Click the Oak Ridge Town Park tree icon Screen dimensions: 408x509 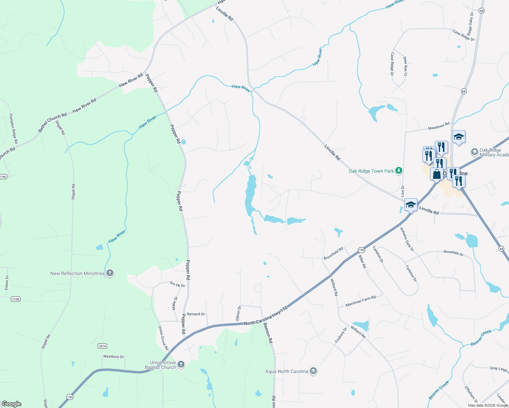tap(398, 171)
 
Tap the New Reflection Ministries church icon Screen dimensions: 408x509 tap(110, 273)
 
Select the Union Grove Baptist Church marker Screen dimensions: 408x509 tap(181, 364)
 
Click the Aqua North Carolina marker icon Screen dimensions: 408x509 tap(313, 371)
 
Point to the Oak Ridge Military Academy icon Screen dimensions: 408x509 tap(474, 152)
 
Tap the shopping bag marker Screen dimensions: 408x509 tap(437, 174)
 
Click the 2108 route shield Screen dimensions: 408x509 tap(16, 299)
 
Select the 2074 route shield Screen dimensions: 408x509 tap(102, 346)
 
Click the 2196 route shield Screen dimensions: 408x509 tap(3, 176)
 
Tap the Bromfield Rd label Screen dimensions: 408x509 tap(333, 253)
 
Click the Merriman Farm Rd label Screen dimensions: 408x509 tap(361, 301)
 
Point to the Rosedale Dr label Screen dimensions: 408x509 tap(453, 253)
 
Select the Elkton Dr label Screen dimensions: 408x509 tap(239, 313)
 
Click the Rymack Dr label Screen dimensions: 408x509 tap(196, 314)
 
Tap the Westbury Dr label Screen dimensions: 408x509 tap(114, 357)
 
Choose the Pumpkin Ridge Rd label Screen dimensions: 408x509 tap(14, 129)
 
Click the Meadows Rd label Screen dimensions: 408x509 tap(439, 126)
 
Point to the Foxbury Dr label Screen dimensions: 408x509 tap(341, 335)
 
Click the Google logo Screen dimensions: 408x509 tap(12, 404)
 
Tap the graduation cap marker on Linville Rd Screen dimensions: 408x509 tap(411, 205)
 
